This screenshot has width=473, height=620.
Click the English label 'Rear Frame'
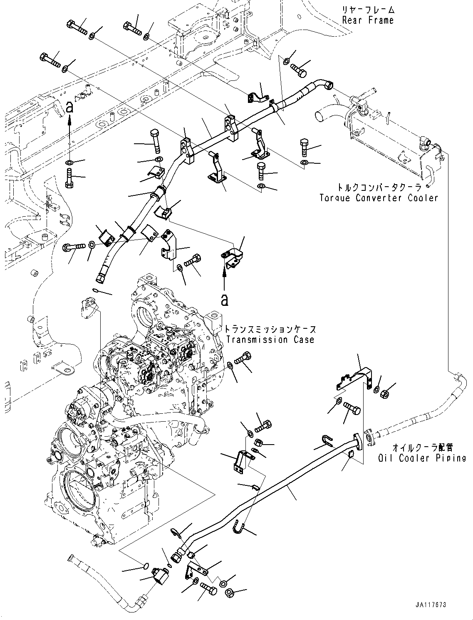click(368, 20)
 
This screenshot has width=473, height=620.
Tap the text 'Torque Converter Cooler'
click(379, 198)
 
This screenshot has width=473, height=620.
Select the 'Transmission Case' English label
click(270, 340)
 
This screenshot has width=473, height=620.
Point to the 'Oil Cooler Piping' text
click(422, 458)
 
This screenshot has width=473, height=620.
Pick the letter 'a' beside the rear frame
click(69, 107)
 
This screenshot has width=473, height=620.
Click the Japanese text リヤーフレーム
click(368, 10)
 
